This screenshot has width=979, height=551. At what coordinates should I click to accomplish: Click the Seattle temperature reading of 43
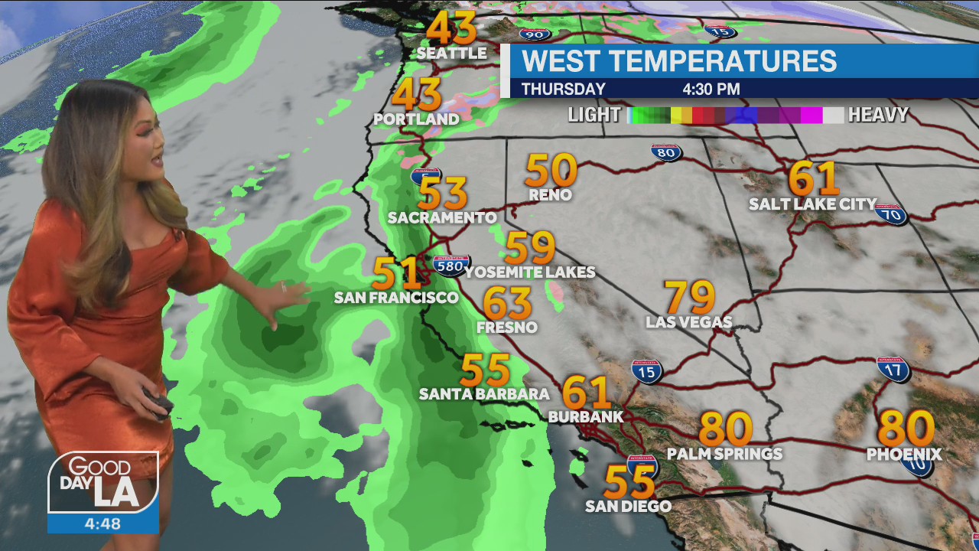pos(451,28)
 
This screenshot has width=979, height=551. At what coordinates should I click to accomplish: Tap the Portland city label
pos(416,119)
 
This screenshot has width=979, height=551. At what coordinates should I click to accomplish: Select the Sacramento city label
pos(442,217)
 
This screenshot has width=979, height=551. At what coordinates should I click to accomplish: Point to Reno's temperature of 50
pos(551,170)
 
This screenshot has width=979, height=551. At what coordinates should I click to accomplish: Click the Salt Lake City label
pos(812,204)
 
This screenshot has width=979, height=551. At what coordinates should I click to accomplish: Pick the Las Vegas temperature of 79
pos(690,297)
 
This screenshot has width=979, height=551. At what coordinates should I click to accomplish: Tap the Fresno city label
pos(506,328)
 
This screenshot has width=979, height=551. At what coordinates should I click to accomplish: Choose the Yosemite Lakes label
pos(529,272)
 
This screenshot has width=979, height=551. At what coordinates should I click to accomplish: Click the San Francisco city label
pos(395,298)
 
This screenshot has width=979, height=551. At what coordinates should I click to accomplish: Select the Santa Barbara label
pos(484,394)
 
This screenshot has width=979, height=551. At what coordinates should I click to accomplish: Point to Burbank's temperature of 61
pos(587,393)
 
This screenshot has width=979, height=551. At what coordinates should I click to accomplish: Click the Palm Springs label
pos(724,454)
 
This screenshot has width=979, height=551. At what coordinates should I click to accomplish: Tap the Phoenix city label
pos(903,455)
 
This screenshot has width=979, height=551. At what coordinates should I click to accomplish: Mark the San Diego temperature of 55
pos(629,482)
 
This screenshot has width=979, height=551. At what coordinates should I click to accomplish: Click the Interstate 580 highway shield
pos(451,265)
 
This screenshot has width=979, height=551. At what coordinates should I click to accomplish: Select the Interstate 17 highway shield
pos(893,369)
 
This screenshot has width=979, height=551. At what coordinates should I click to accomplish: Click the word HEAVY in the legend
pos(878,116)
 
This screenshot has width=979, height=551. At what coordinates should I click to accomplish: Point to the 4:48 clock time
pos(102,524)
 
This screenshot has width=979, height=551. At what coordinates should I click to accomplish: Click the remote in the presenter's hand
pos(160,405)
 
